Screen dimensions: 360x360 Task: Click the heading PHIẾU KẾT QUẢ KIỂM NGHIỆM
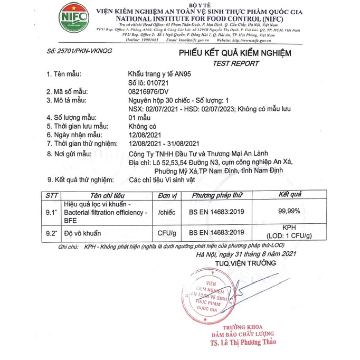click(x=234, y=53)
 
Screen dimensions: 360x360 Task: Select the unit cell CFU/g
click(x=166, y=232)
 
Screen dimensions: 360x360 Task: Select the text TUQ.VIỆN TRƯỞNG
click(x=245, y=262)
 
